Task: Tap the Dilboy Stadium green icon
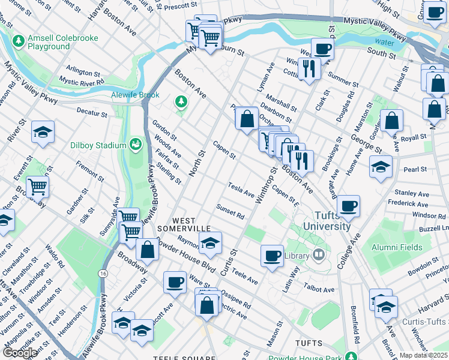coord(136,145)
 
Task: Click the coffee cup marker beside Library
coord(272,255)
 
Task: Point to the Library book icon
coord(319,256)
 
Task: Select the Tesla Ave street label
coord(241,190)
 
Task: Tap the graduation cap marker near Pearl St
coord(380,167)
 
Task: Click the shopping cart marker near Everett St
coord(37,187)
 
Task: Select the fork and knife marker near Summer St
coord(309,69)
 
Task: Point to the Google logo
coord(20,352)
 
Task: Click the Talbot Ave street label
coord(320,289)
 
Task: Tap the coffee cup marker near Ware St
coord(175,282)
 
